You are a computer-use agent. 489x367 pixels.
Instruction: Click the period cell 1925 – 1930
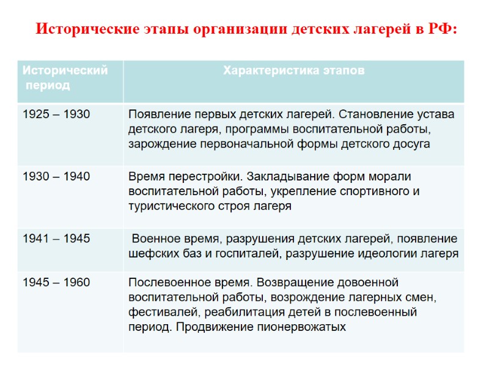pyautogui.click(x=56, y=114)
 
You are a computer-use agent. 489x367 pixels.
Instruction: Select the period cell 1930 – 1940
pyautogui.click(x=56, y=176)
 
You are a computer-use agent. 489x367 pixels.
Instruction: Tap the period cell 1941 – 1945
pyautogui.click(x=56, y=239)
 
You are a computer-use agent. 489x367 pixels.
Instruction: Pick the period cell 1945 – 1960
pyautogui.click(x=56, y=283)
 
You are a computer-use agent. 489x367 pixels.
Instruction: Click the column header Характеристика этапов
pyautogui.click(x=293, y=71)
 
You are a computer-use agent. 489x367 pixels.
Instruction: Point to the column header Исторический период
pyautogui.click(x=65, y=78)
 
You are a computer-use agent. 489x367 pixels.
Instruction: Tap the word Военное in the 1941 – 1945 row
pyautogui.click(x=156, y=239)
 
